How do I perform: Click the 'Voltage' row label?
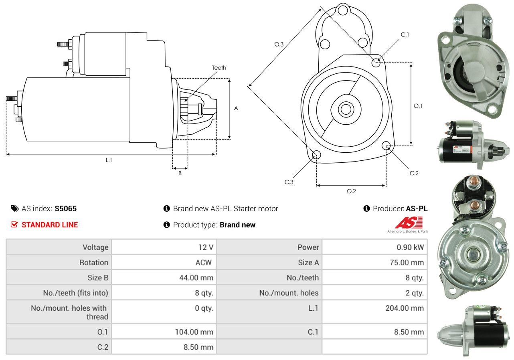[95, 247]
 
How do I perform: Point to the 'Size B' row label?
[98, 277]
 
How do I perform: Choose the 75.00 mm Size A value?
[407, 263]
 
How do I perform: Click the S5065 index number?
[66, 208]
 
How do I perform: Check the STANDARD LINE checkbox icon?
[14, 224]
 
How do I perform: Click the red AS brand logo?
[409, 222]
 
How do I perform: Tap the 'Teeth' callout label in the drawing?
[219, 68]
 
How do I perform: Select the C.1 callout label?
[405, 34]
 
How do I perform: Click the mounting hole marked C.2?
[387, 145]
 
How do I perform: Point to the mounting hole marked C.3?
[316, 155]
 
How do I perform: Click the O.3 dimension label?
[279, 44]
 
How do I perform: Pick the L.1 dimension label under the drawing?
[109, 160]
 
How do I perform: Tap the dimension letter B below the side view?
[180, 173]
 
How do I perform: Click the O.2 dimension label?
[351, 191]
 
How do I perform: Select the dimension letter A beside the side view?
[236, 108]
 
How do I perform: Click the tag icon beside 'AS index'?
[14, 208]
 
